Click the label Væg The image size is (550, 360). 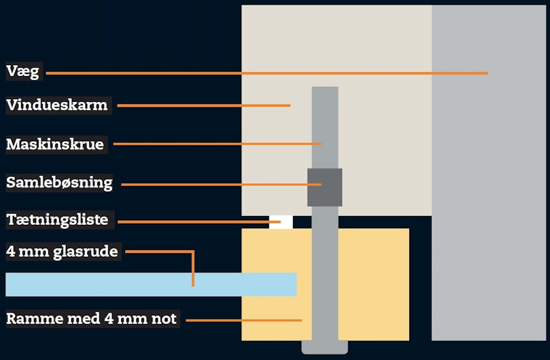(x=23, y=71)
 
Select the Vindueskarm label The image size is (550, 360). (x=57, y=105)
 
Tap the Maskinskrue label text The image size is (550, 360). (x=55, y=145)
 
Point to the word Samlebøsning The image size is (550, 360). (x=59, y=183)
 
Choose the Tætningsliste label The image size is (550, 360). (x=57, y=220)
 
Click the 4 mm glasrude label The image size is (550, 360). (x=62, y=252)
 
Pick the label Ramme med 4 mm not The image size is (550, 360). (x=91, y=319)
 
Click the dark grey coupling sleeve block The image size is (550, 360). (x=325, y=187)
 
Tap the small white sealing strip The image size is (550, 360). (x=281, y=222)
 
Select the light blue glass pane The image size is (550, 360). (x=151, y=285)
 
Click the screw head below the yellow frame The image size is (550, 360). (x=325, y=347)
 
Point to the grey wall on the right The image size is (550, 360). (x=489, y=173)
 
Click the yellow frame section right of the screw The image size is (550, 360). (x=374, y=285)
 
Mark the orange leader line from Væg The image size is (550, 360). (x=267, y=73)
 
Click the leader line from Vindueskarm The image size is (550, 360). (x=204, y=105)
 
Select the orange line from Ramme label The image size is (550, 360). (x=244, y=321)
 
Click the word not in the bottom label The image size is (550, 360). (x=164, y=319)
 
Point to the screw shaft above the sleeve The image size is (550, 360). (x=325, y=128)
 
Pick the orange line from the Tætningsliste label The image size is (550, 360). (x=199, y=221)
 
